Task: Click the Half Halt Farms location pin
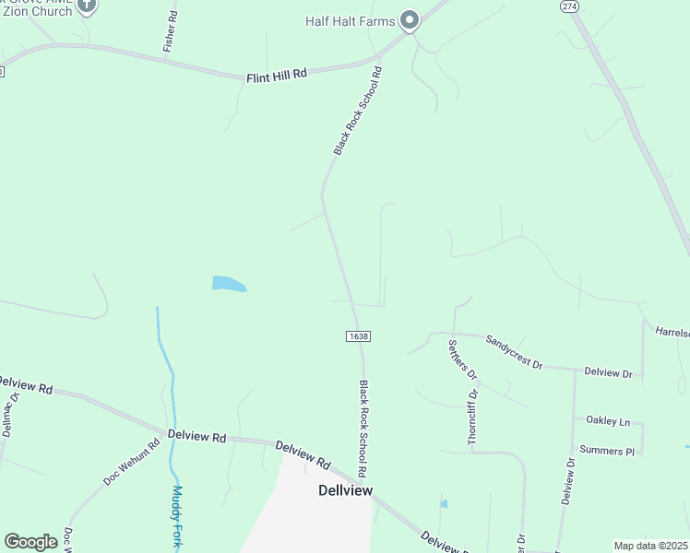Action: (410, 21)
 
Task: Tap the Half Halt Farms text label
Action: (351, 21)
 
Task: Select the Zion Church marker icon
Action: (87, 6)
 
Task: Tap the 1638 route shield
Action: (360, 336)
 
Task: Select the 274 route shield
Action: (568, 6)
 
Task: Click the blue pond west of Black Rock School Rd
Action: (228, 284)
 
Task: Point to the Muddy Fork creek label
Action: (178, 517)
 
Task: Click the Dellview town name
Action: (345, 490)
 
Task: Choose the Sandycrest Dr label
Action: (514, 350)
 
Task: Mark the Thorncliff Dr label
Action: (473, 417)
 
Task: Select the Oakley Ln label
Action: (607, 420)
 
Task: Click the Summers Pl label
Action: (610, 452)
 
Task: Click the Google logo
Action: (30, 542)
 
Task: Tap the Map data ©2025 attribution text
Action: (650, 546)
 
